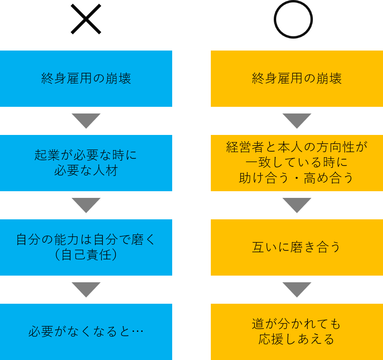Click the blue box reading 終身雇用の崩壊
coord(86,79)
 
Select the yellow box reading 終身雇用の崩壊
coord(297,79)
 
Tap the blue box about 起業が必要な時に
coord(86,163)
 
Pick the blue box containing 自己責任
coord(86,247)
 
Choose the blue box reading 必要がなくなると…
coord(86,331)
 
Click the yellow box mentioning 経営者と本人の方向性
coord(297,163)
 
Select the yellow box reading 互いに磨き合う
coord(297,247)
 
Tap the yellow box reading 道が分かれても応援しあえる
coord(297,331)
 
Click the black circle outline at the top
coord(293,20)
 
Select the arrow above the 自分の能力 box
coord(86,205)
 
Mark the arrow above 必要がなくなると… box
coord(86,289)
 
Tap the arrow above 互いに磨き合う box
coord(297,205)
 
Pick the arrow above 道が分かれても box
coord(297,289)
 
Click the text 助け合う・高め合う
coord(297,178)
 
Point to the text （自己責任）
coord(86,255)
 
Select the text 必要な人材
coord(86,171)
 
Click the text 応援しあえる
coord(297,339)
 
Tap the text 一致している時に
coord(297,163)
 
